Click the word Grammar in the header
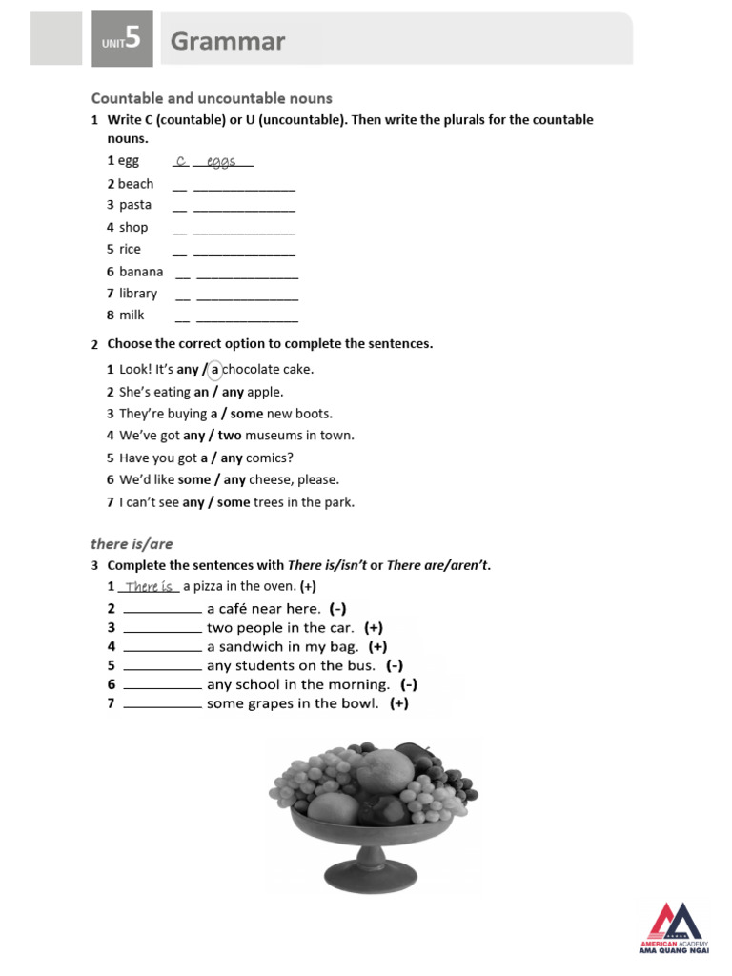(227, 42)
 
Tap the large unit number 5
(132, 39)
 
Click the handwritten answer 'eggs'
(221, 162)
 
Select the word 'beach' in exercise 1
(135, 184)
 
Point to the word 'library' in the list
(138, 294)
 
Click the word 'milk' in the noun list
(132, 315)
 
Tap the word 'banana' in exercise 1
(141, 272)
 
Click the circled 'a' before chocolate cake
(214, 370)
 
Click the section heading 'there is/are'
(132, 544)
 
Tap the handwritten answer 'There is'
(149, 587)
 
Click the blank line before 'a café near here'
(162, 610)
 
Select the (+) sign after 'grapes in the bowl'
(398, 704)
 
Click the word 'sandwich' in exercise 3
(250, 647)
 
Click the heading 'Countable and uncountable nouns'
(212, 98)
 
